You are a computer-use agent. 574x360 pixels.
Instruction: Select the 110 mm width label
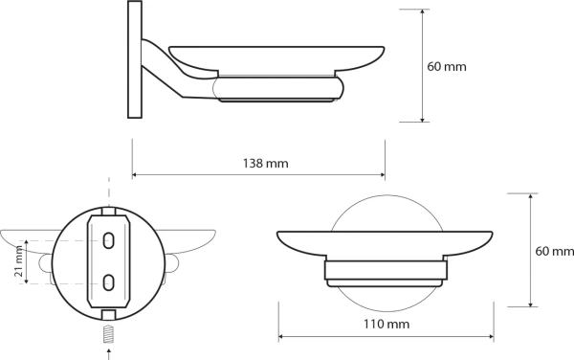coord(386,325)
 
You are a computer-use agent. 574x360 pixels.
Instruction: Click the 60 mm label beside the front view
coord(555,251)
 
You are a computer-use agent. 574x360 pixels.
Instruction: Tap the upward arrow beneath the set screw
coord(108,352)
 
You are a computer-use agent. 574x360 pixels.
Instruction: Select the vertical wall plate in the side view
coord(135,62)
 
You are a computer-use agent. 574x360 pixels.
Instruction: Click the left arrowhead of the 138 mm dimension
coord(136,175)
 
